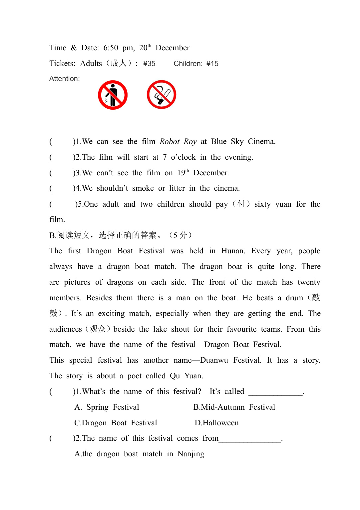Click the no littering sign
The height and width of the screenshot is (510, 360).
[113, 95]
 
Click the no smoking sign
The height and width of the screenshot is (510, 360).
[162, 95]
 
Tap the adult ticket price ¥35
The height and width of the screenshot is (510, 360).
[149, 64]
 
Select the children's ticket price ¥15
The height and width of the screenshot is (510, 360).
[212, 64]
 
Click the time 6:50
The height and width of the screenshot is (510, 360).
[111, 48]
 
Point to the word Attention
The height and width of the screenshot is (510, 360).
[65, 79]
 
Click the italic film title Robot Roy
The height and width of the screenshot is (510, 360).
[178, 142]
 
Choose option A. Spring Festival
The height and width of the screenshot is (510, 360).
[107, 407]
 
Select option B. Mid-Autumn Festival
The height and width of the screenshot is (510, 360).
[234, 407]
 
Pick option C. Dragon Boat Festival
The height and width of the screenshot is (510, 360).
[116, 423]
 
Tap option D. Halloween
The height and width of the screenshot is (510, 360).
[217, 423]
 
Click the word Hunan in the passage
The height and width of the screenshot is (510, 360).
[233, 251]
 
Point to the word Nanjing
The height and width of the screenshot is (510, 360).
[191, 454]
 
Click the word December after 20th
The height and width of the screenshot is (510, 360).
[173, 48]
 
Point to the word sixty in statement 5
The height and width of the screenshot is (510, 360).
[262, 204]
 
